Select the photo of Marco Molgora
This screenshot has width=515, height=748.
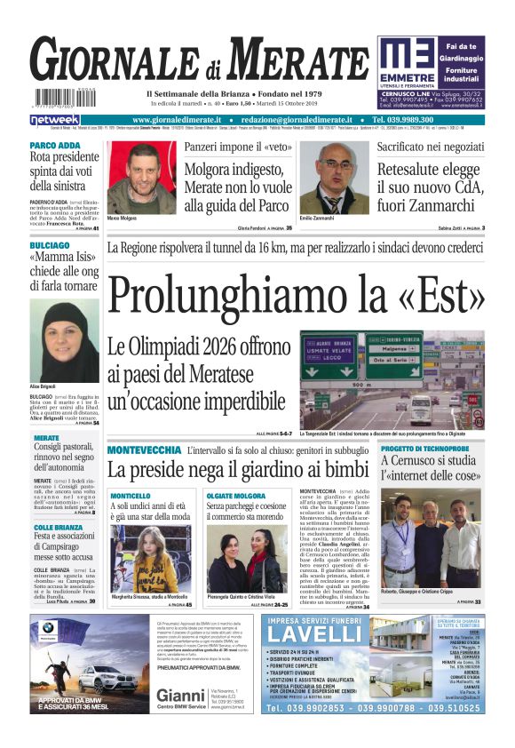click(140, 178)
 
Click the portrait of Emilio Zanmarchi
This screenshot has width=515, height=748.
click(334, 178)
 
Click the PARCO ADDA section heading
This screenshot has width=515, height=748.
click(55, 145)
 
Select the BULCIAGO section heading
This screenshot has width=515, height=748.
click(50, 244)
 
